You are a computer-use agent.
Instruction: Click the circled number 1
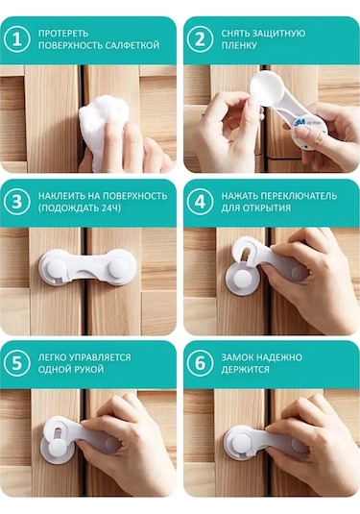point(16,39)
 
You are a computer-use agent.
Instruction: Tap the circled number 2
point(200,39)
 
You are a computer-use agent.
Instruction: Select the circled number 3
point(16,202)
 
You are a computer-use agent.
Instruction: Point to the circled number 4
point(200,202)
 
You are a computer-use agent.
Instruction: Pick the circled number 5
point(16,363)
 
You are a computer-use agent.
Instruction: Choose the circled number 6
point(200,363)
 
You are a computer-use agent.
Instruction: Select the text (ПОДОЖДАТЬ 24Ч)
point(80,208)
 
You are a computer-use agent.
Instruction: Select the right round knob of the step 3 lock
point(119,267)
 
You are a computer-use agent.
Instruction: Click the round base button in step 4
point(241,280)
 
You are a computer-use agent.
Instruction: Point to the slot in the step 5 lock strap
point(58,433)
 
